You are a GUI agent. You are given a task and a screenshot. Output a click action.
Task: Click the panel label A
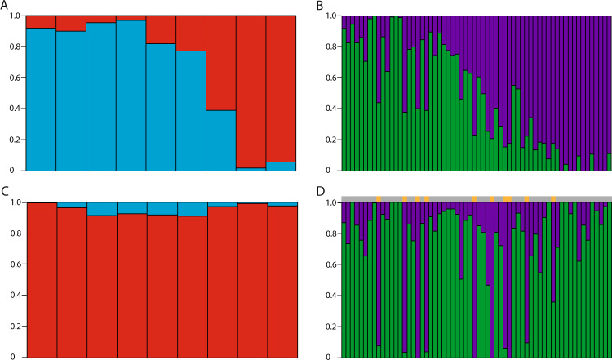coord(5,6)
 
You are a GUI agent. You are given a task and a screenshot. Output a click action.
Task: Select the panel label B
coord(319,6)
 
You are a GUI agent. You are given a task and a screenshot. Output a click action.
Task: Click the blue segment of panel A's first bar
coord(41,98)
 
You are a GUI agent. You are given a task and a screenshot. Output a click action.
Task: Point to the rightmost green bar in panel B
coord(609,162)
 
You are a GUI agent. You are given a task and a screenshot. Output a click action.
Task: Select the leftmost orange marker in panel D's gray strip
coord(379,198)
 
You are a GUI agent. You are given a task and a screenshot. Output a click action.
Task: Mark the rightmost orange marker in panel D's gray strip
coord(554,198)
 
